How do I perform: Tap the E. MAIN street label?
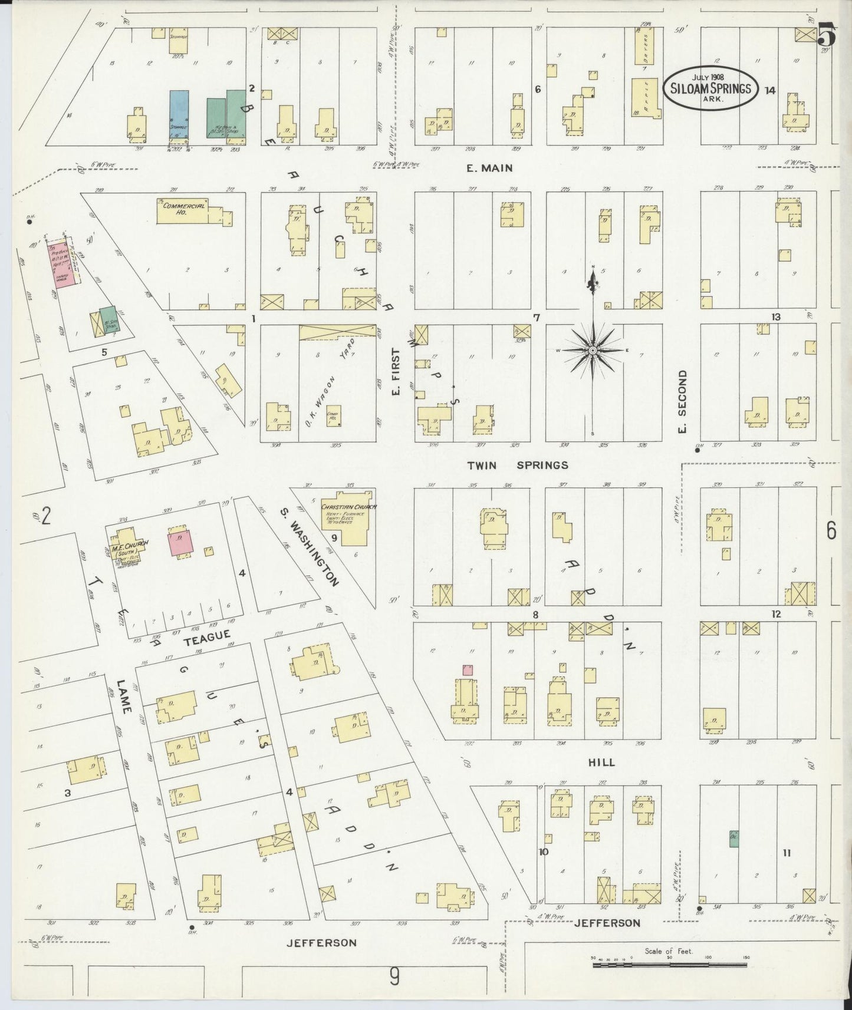pyautogui.click(x=489, y=168)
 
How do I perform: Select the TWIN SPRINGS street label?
pyautogui.click(x=517, y=465)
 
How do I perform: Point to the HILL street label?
pyautogui.click(x=601, y=762)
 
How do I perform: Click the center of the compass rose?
pyautogui.click(x=592, y=351)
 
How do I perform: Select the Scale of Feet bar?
pyautogui.click(x=669, y=965)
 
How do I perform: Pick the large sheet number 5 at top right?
pyautogui.click(x=827, y=37)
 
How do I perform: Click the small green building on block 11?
pyautogui.click(x=733, y=839)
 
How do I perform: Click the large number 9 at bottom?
pyautogui.click(x=394, y=976)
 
